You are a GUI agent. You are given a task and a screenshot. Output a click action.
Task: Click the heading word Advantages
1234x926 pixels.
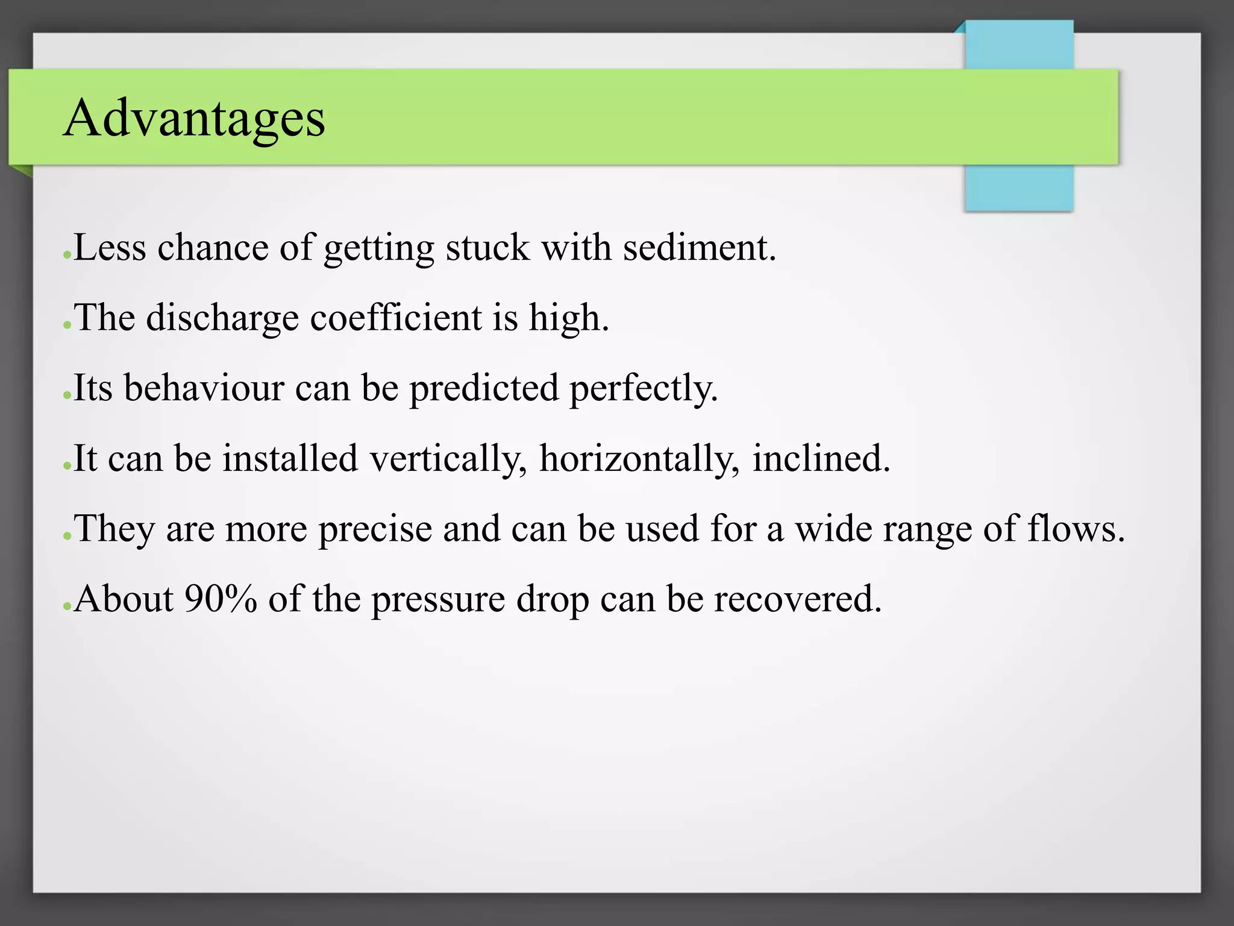[194, 118]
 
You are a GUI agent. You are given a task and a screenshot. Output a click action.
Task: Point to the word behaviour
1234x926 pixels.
[204, 388]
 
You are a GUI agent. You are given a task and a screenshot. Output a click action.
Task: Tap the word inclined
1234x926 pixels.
[820, 458]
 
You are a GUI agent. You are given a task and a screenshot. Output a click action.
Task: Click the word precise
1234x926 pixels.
[375, 529]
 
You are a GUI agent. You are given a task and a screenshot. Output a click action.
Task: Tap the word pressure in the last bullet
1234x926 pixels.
[438, 600]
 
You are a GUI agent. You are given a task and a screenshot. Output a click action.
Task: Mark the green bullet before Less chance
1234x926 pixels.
[67, 256]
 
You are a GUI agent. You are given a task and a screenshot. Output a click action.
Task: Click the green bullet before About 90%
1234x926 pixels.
[67, 606]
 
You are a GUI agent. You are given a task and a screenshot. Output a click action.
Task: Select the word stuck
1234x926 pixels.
[487, 247]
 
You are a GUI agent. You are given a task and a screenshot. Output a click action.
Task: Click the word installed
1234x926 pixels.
[290, 458]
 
